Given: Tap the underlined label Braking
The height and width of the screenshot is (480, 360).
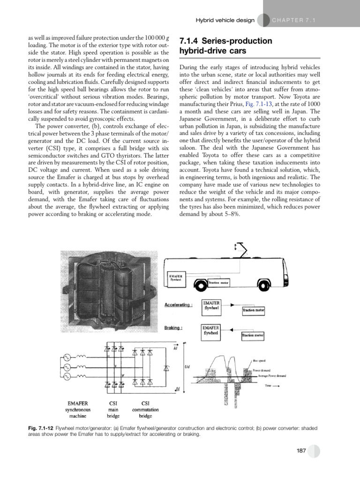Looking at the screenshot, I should (x=173, y=328).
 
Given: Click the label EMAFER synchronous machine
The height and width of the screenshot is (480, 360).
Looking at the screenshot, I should (x=79, y=409).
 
